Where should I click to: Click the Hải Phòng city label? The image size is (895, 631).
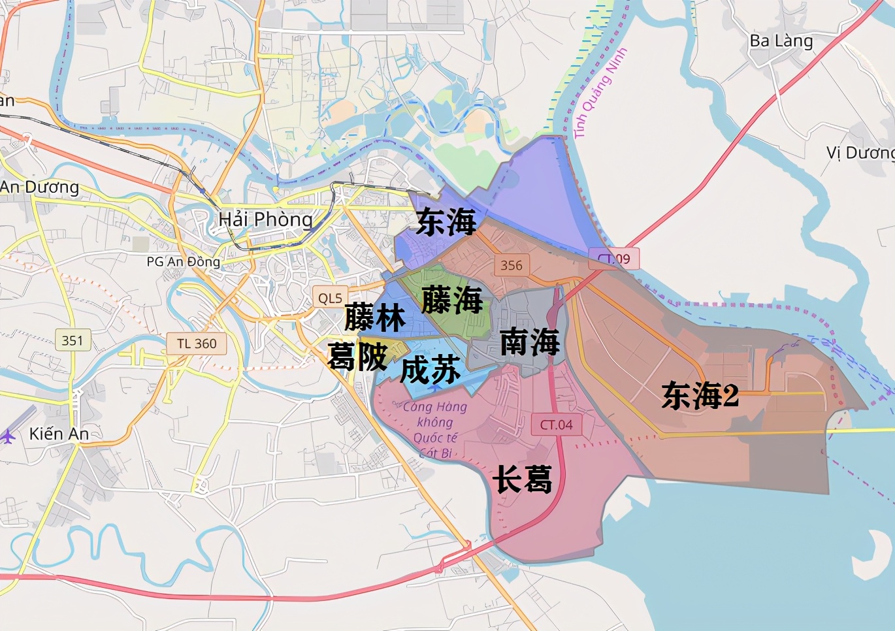click(x=265, y=219)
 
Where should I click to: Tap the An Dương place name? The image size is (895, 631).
click(x=40, y=187)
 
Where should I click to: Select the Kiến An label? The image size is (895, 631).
click(x=59, y=434)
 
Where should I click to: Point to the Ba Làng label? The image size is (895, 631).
click(x=781, y=41)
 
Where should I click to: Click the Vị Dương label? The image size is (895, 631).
click(x=860, y=153)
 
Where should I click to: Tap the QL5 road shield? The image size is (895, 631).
click(x=330, y=298)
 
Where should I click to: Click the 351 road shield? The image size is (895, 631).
click(x=73, y=340)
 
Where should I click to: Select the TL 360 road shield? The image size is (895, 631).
click(x=197, y=344)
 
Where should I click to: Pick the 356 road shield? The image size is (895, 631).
click(x=512, y=265)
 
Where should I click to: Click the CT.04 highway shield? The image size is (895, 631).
click(x=556, y=425)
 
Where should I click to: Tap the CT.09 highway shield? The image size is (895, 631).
click(x=614, y=259)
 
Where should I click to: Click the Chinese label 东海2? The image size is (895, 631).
click(x=700, y=396)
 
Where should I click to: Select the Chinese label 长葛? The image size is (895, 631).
click(x=522, y=479)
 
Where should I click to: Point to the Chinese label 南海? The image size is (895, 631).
click(x=530, y=342)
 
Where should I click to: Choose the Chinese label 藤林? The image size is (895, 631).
click(x=375, y=317)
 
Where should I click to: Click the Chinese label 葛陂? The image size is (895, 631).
click(x=357, y=357)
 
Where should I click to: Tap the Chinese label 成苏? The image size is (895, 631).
click(x=431, y=370)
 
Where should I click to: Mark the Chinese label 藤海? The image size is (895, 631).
click(x=452, y=300)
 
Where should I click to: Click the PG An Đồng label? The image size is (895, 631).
click(x=184, y=262)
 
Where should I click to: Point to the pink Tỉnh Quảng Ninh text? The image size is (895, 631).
click(x=600, y=93)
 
